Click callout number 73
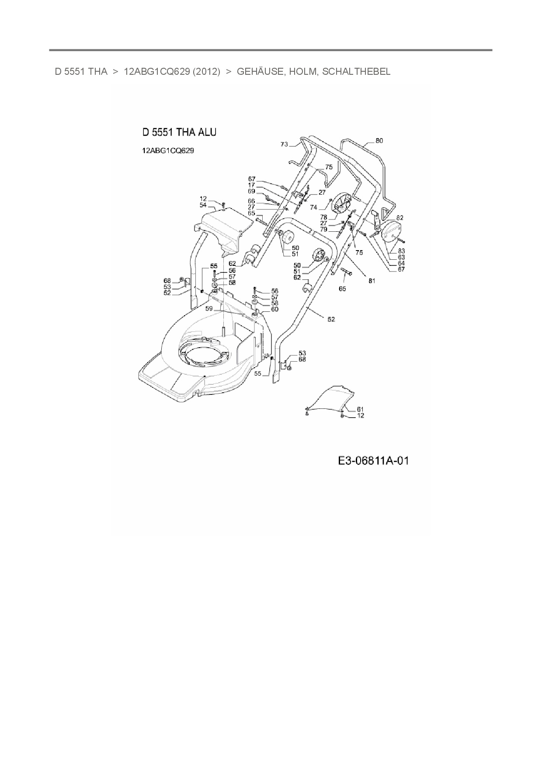click(x=284, y=144)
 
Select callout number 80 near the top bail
click(x=379, y=141)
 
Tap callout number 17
click(x=251, y=185)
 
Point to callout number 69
click(x=251, y=192)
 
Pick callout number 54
click(x=203, y=205)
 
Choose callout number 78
click(x=323, y=217)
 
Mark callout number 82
click(x=400, y=217)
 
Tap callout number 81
click(x=372, y=281)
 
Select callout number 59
click(x=209, y=308)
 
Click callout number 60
click(x=274, y=310)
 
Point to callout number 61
click(x=360, y=409)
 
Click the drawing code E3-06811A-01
click(x=373, y=460)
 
